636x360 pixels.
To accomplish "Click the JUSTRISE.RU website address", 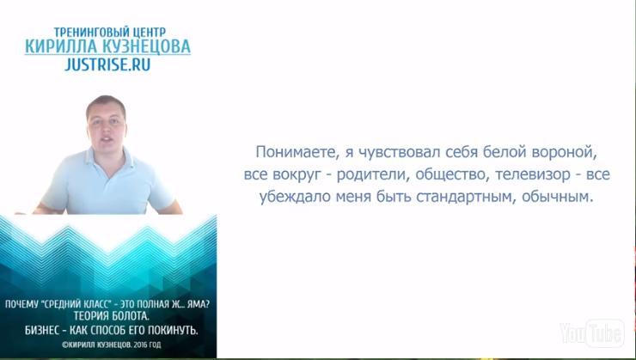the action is (x=107, y=64).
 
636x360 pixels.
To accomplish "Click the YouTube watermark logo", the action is (x=592, y=333).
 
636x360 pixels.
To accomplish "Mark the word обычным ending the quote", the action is (x=557, y=197).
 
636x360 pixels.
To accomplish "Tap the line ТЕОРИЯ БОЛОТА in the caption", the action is (x=112, y=316).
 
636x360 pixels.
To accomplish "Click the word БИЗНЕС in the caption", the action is (x=42, y=331).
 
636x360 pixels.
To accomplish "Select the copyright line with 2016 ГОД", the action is (x=112, y=345).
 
